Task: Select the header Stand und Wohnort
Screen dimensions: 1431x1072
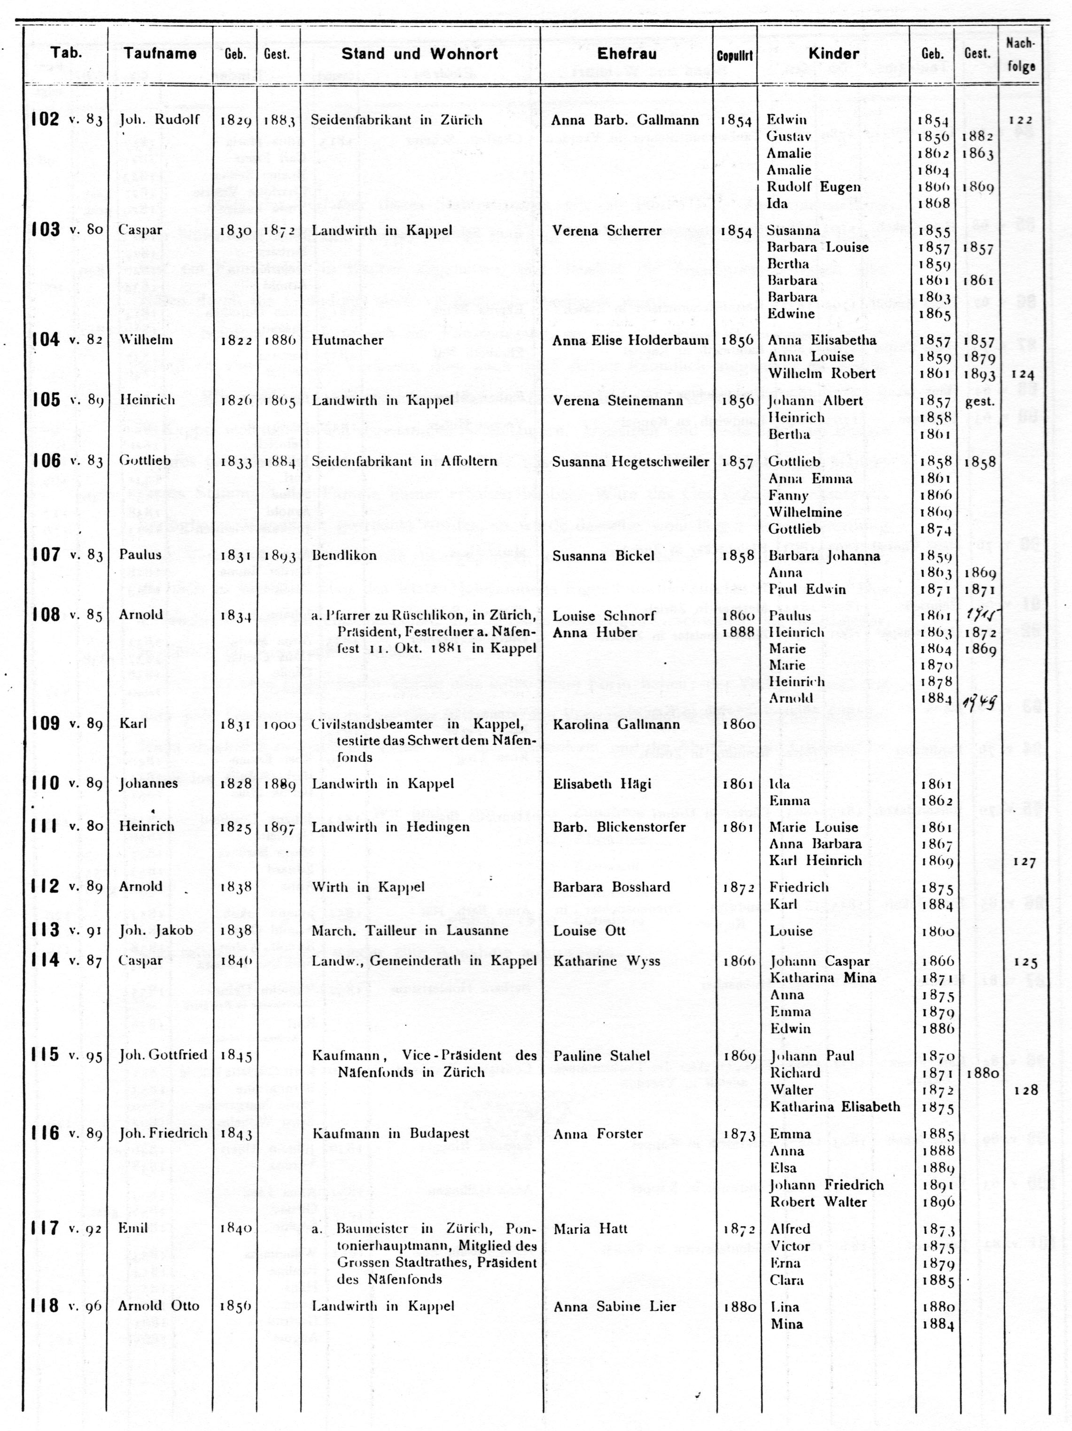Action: pos(420,54)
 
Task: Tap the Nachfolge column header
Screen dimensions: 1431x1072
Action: pos(1020,55)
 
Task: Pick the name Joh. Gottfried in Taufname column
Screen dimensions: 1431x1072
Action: pos(163,1055)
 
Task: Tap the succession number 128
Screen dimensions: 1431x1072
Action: pos(1025,1090)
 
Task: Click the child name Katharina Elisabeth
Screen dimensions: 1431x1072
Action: pos(835,1107)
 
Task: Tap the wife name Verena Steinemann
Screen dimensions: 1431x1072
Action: pos(618,401)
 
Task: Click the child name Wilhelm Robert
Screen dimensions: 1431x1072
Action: pos(822,374)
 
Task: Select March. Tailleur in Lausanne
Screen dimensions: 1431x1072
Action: pos(410,931)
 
